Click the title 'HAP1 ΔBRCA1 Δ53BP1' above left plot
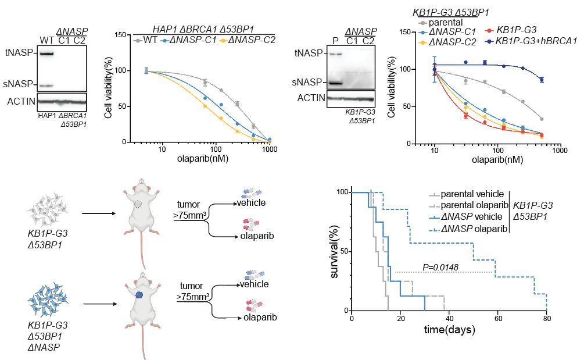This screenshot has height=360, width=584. (203, 29)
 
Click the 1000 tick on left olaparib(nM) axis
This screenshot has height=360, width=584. (270, 149)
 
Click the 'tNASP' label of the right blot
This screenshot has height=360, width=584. (309, 54)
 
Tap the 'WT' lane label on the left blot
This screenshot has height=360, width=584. (46, 40)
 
